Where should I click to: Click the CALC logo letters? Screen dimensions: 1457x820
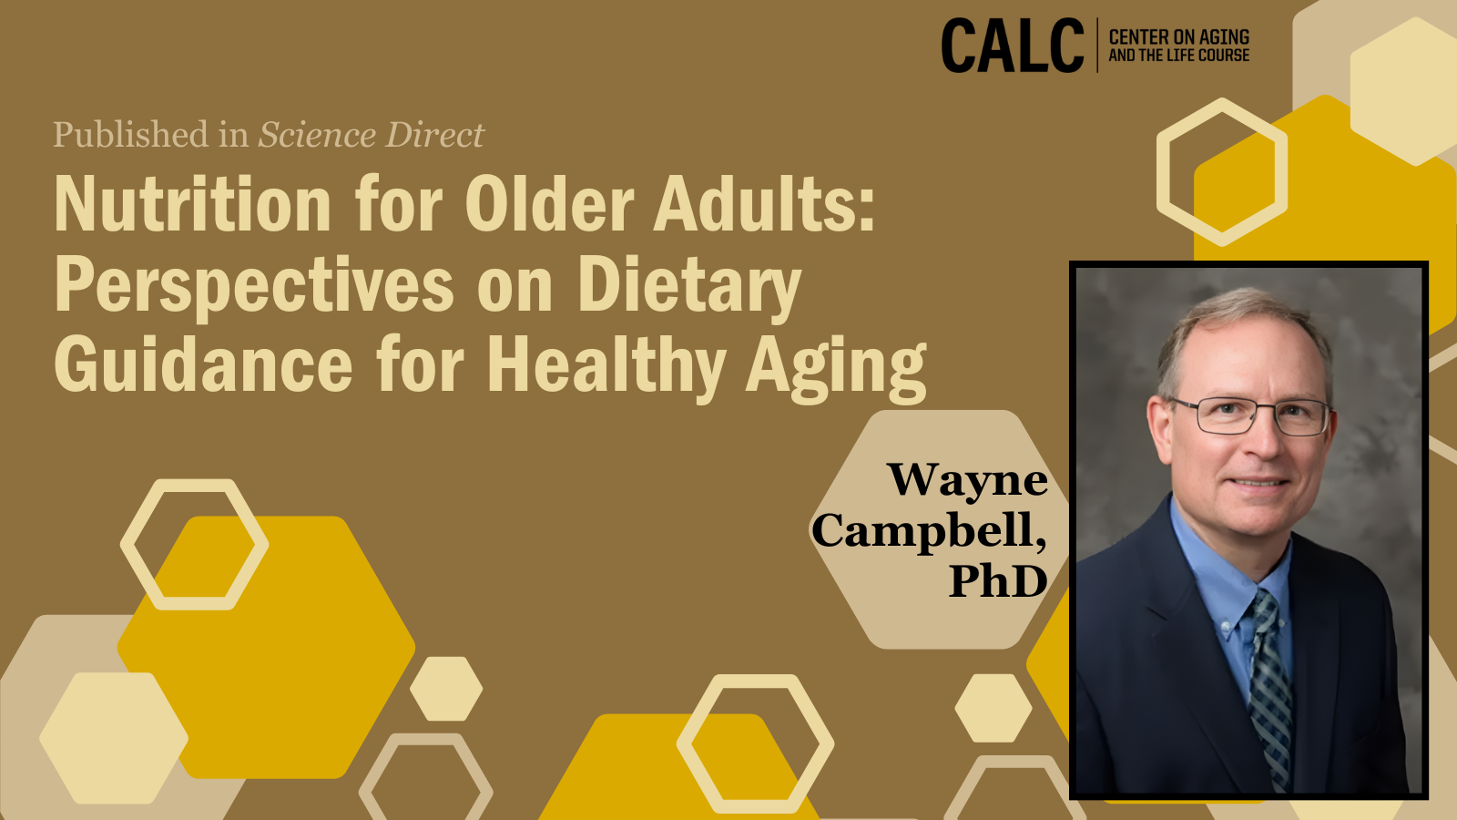coord(1012,46)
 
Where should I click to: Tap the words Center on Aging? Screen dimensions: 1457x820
coord(1178,37)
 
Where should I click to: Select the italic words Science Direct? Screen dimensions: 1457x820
coord(372,135)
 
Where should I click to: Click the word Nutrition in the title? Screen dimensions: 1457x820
coord(193,204)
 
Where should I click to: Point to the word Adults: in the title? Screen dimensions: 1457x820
coord(764,204)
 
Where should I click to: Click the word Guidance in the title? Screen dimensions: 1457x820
coord(204,364)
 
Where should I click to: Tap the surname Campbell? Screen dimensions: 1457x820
coord(930,531)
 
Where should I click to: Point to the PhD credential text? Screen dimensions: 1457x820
coord(998,580)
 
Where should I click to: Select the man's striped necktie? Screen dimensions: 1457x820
coord(1269,690)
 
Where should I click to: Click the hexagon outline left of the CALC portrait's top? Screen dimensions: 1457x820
coord(1221,172)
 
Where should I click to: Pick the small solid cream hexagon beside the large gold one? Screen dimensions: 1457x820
coord(446,689)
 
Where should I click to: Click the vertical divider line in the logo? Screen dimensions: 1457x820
coord(1097,45)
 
